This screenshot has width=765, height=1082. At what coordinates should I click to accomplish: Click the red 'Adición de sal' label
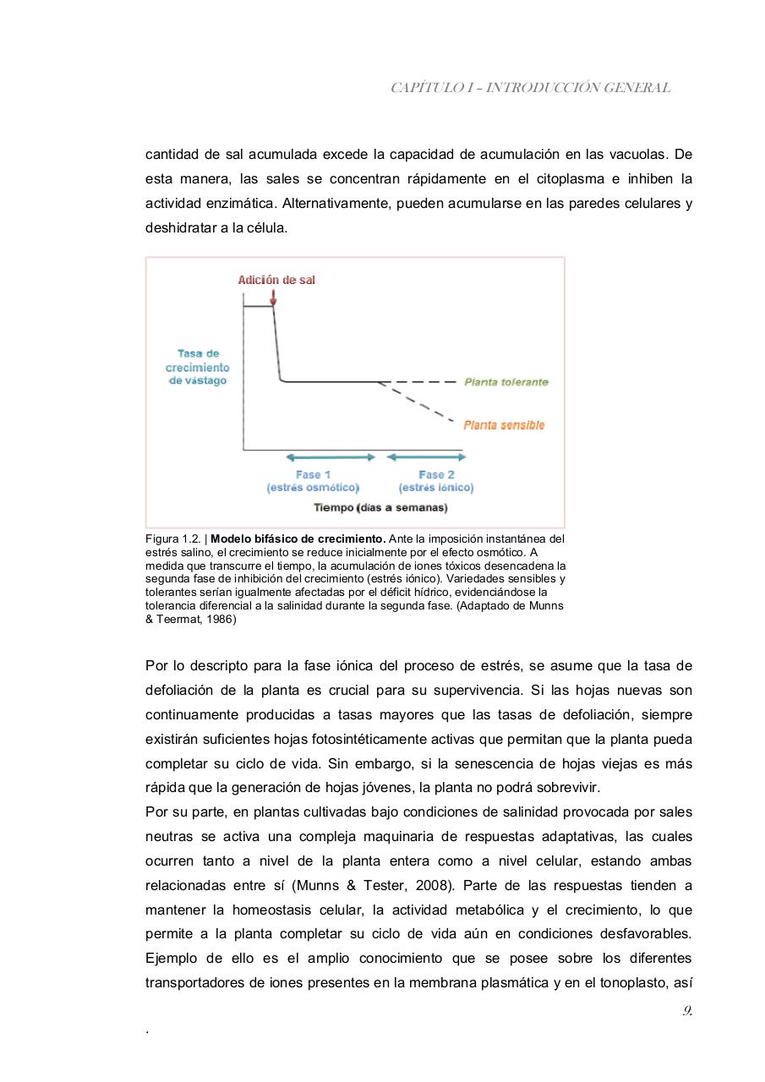(276, 280)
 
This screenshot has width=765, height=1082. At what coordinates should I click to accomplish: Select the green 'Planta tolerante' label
(505, 382)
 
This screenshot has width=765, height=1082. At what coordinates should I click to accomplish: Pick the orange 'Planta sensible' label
(504, 425)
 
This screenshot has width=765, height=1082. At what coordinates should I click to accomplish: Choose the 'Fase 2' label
(436, 475)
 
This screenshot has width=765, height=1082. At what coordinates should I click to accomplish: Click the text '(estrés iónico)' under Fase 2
(436, 488)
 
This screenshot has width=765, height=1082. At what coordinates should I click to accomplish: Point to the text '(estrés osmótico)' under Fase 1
(314, 488)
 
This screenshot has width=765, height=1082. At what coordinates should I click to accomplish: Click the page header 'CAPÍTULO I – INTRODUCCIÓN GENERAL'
(530, 87)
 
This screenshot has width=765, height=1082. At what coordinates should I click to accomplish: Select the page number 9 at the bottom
(687, 1010)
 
